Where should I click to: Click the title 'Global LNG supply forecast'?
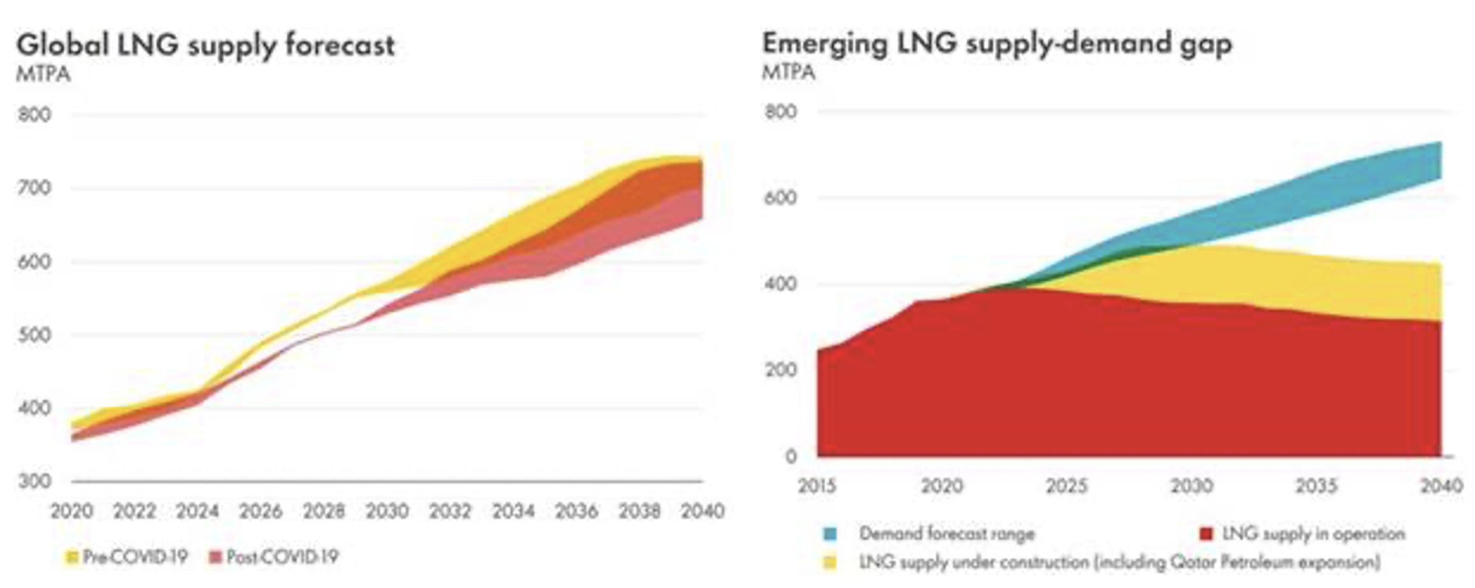coord(205,46)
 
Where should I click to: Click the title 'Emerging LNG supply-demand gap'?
coord(997,43)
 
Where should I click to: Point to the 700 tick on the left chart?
coord(34,188)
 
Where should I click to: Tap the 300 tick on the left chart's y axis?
coord(34,481)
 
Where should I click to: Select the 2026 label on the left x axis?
coord(260,511)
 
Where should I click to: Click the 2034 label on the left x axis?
coord(513,511)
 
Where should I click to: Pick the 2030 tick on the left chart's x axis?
coord(387,511)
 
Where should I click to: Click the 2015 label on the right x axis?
coord(817,486)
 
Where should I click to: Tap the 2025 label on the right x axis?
coord(1066,486)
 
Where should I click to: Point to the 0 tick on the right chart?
coord(790,456)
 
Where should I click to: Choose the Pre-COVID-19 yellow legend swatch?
coord(71,558)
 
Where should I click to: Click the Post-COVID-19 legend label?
coord(282,557)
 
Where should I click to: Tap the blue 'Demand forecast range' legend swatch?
coord(830,533)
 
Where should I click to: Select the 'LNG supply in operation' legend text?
coord(1313,533)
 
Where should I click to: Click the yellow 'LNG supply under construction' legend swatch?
coord(830,563)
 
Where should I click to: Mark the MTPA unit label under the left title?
coord(43,74)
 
